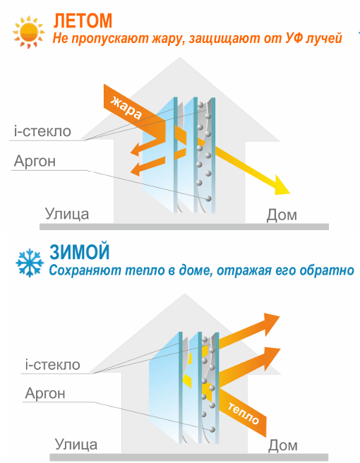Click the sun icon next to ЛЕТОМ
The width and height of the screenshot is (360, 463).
coord(28,32)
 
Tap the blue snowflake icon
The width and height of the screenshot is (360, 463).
coord(30,263)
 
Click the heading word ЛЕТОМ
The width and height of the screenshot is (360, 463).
coord(83,20)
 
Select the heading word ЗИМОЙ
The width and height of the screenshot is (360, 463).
coord(80,252)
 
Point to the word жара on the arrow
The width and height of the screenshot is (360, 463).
coord(126,108)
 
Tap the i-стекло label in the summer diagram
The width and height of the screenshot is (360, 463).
coord(42,131)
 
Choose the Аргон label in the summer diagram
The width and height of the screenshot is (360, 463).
coord(35,161)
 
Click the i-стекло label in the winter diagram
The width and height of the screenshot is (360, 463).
coord(52,365)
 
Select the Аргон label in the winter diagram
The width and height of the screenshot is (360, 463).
coord(45,393)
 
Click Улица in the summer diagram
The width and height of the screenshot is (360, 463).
coord(67,214)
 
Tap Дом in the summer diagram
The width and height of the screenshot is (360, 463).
coord(282,215)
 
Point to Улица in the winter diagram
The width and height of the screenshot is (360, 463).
coord(76,444)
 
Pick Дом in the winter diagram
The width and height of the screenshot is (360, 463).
coord(283,445)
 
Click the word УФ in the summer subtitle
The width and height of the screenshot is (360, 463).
coord(295,38)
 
